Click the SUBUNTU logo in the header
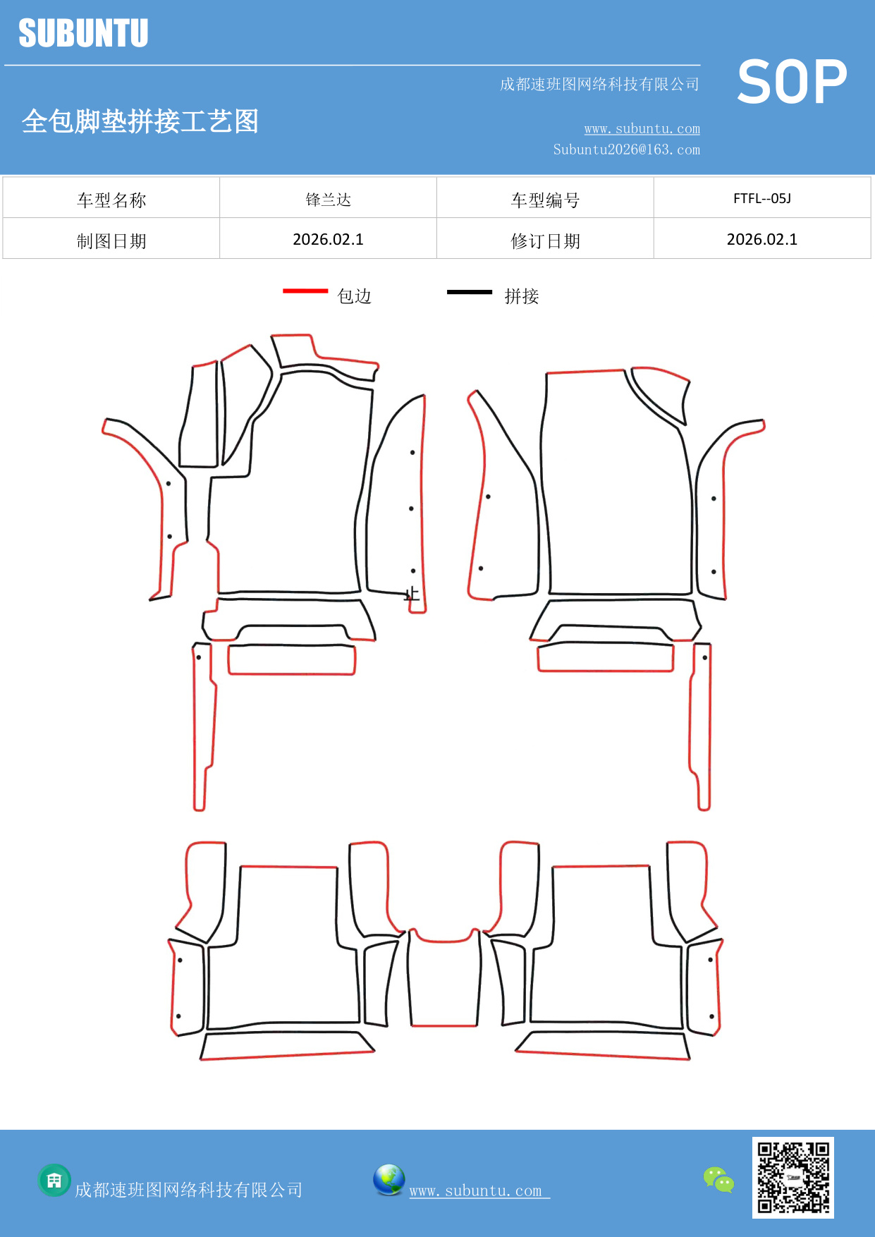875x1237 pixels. click(83, 33)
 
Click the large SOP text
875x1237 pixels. click(792, 82)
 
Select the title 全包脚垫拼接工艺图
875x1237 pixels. click(140, 121)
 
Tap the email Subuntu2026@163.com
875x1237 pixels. click(626, 150)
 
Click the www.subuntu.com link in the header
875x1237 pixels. click(642, 128)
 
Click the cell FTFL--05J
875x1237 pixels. click(762, 198)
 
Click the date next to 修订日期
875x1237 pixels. click(762, 239)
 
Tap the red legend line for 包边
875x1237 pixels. click(305, 291)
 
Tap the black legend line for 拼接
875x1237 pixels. click(470, 291)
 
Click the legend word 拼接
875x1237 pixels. click(522, 296)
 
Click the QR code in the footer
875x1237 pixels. click(793, 1178)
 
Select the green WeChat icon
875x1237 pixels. click(718, 1180)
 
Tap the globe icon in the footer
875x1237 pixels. click(388, 1180)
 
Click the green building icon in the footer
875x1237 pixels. click(54, 1180)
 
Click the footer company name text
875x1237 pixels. click(189, 1190)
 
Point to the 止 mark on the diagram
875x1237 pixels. click(412, 594)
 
